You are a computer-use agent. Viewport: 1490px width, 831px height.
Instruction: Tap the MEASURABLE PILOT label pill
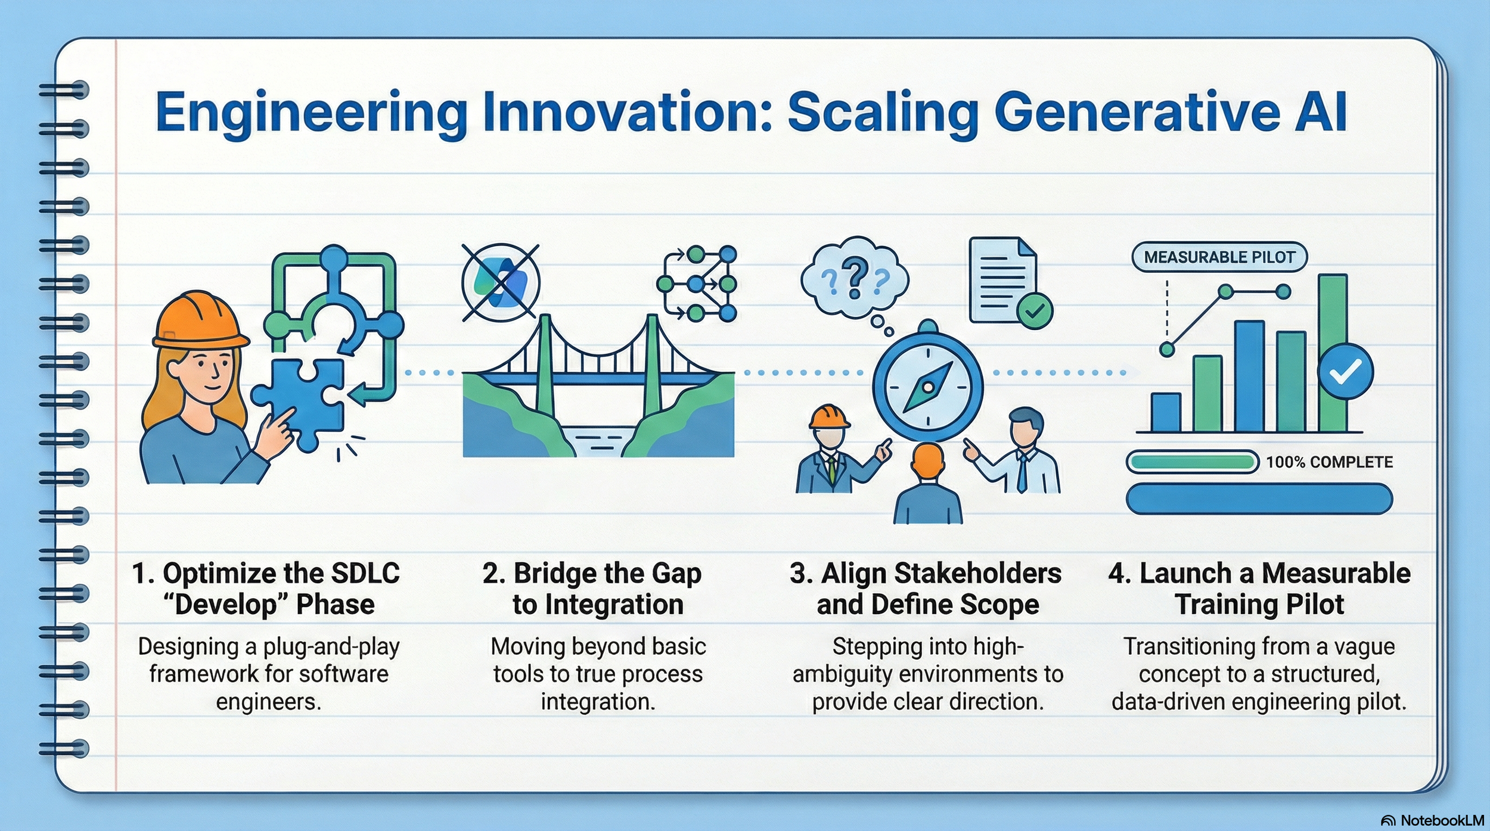point(1219,257)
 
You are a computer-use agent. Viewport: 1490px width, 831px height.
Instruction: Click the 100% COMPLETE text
point(1329,462)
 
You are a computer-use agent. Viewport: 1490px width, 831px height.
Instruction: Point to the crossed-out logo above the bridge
point(501,283)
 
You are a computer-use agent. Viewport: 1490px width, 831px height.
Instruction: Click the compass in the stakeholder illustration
point(927,387)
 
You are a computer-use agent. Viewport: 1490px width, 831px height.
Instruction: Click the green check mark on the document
point(1035,310)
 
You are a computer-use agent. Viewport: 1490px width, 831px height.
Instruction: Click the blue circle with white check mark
point(1345,372)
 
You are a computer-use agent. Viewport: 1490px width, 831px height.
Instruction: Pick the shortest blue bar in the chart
point(1166,412)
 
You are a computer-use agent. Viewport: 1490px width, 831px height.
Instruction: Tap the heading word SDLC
point(365,574)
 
